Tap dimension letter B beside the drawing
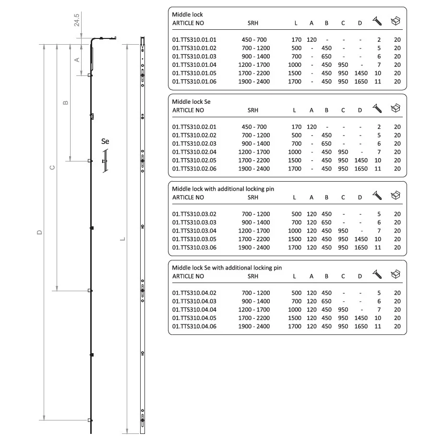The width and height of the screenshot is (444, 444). (66, 102)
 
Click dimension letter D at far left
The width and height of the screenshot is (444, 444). (40, 232)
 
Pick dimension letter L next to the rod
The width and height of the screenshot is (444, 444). (122, 239)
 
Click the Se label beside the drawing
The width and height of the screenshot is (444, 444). (105, 141)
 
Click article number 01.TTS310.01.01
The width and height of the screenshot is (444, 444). (194, 40)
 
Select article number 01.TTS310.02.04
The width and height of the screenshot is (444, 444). (194, 152)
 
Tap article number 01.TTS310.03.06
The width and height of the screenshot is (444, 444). (194, 248)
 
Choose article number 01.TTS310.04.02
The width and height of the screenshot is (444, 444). (194, 293)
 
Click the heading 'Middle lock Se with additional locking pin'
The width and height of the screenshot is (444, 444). (227, 268)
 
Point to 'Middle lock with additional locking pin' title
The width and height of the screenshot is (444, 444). (223, 189)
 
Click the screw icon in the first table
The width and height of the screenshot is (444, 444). (377, 21)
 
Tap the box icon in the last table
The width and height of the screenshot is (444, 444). (396, 274)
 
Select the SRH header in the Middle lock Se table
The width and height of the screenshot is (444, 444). (253, 110)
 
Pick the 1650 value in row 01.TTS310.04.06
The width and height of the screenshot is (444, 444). (361, 327)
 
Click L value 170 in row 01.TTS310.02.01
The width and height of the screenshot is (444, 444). (296, 127)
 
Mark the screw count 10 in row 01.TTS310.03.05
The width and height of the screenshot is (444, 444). (378, 239)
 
